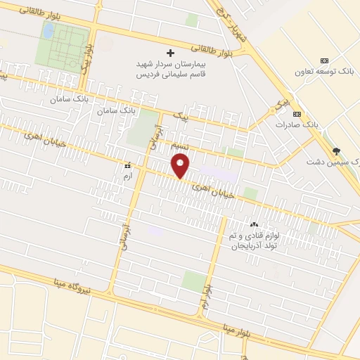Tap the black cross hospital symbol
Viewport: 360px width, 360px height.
[x=169, y=53]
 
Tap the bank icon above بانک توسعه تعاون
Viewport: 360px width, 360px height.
[x=323, y=61]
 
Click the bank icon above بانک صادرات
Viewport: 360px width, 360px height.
[x=297, y=113]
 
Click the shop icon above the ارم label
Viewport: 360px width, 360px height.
[x=127, y=165]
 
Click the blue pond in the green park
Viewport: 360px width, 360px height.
[x=48, y=30]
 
